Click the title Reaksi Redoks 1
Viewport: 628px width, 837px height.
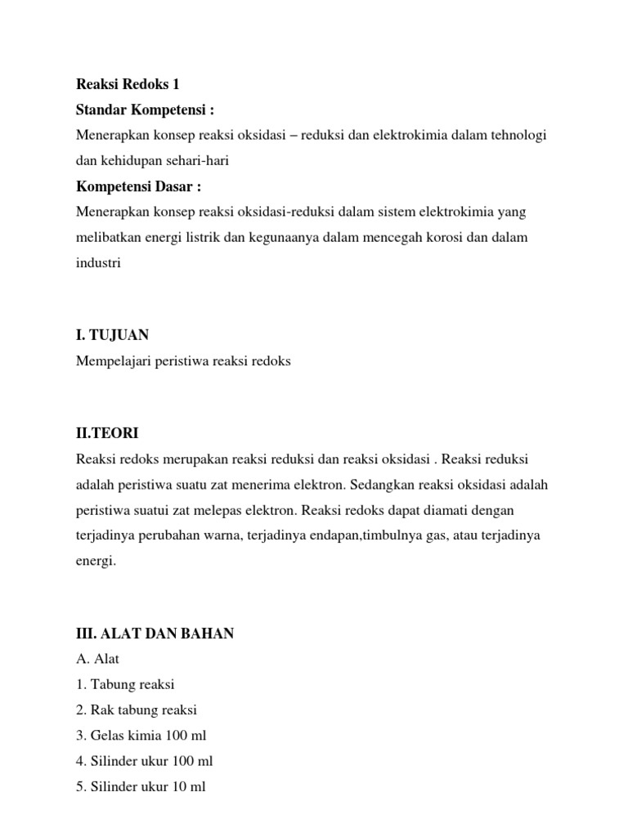pyautogui.click(x=127, y=84)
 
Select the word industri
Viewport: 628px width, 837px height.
pyautogui.click(x=98, y=264)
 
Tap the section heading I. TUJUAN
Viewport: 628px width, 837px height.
pyautogui.click(x=113, y=335)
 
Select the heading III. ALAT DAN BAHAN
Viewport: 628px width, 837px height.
pyautogui.click(x=155, y=633)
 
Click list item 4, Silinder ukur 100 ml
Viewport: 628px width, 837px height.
pyautogui.click(x=144, y=761)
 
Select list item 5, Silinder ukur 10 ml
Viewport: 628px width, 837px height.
pyautogui.click(x=141, y=787)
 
